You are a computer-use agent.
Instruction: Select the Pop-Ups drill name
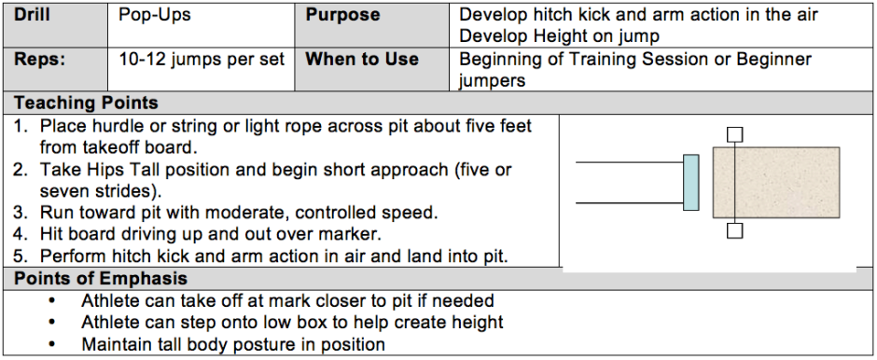click(x=154, y=16)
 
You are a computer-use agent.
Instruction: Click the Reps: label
click(x=39, y=60)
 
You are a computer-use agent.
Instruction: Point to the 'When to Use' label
click(x=362, y=60)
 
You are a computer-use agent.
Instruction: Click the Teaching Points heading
click(x=86, y=103)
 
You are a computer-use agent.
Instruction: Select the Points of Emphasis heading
click(x=101, y=278)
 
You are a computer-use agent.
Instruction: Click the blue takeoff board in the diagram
click(x=690, y=182)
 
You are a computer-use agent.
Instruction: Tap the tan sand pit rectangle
click(x=775, y=182)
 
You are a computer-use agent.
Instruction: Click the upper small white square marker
click(x=734, y=134)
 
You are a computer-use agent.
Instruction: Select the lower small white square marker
click(x=734, y=230)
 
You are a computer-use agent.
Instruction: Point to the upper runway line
click(x=629, y=162)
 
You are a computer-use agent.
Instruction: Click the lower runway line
click(x=629, y=203)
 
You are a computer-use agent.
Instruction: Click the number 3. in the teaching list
click(x=21, y=213)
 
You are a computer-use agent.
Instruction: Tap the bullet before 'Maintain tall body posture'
click(x=52, y=344)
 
